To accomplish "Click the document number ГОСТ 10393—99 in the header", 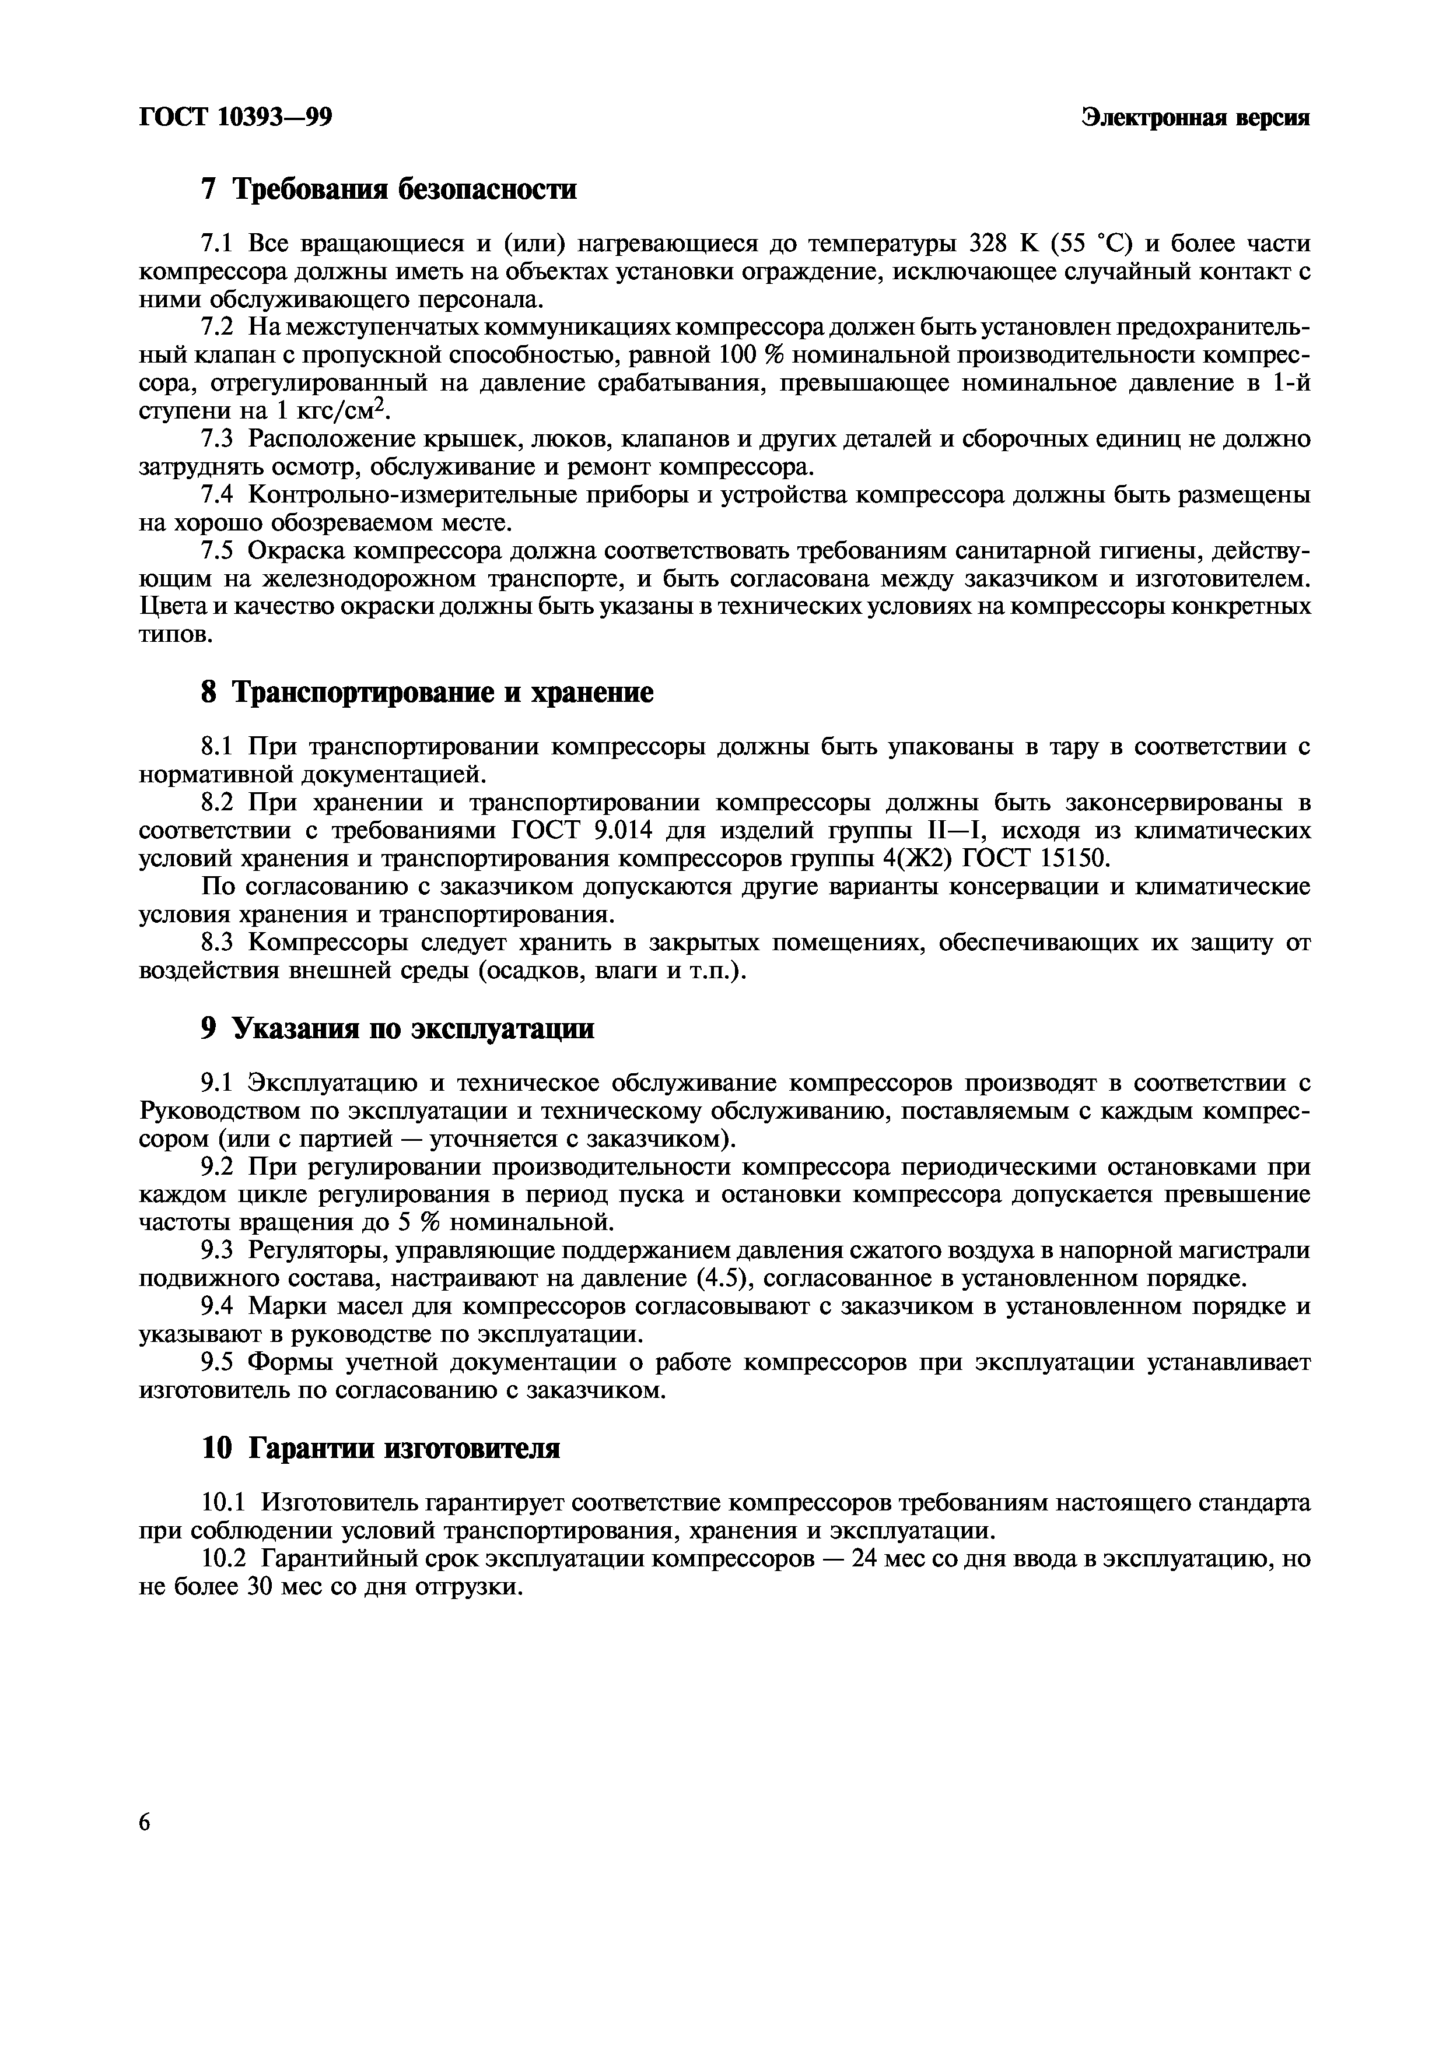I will click(235, 117).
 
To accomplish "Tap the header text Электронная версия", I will click(1195, 117).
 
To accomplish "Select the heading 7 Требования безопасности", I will click(389, 189).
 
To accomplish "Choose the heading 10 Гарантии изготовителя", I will click(381, 1448).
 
